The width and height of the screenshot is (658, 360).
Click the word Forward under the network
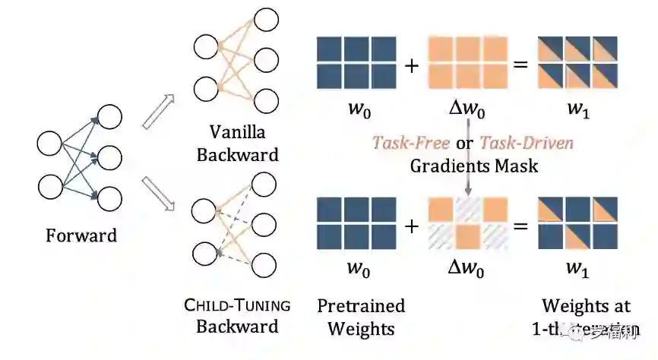coord(81,235)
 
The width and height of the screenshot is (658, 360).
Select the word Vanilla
coord(238,132)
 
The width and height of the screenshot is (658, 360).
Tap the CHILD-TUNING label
coord(237,306)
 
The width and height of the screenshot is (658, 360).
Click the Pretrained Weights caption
coord(361,317)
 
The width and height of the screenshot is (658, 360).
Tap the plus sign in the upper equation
coord(411,65)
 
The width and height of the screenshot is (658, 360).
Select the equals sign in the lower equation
coord(520,225)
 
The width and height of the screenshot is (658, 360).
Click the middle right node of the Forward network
coord(109,159)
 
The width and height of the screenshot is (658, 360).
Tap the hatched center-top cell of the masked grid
coord(468,210)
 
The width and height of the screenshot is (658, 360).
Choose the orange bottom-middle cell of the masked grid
coord(468,237)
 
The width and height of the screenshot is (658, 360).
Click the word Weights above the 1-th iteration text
coord(585,306)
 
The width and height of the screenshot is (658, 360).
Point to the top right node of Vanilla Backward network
coord(266,18)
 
